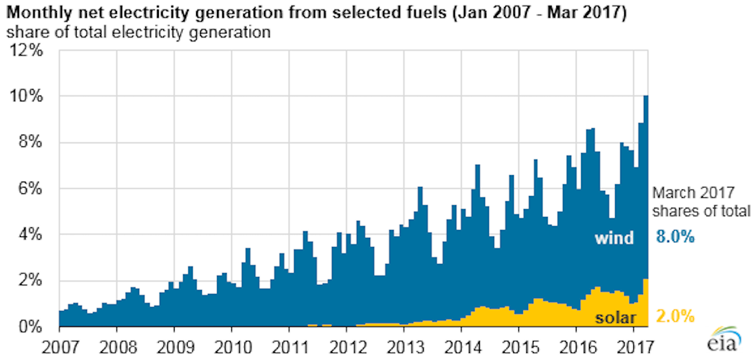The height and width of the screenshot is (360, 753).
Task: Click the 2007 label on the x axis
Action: (x=59, y=344)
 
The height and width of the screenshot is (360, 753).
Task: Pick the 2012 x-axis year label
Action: (x=347, y=344)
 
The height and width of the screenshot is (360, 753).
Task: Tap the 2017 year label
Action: (x=635, y=344)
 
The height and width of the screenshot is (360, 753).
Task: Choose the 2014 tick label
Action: (x=462, y=344)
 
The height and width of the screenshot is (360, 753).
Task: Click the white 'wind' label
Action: (x=614, y=238)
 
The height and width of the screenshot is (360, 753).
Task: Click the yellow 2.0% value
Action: (x=674, y=318)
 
